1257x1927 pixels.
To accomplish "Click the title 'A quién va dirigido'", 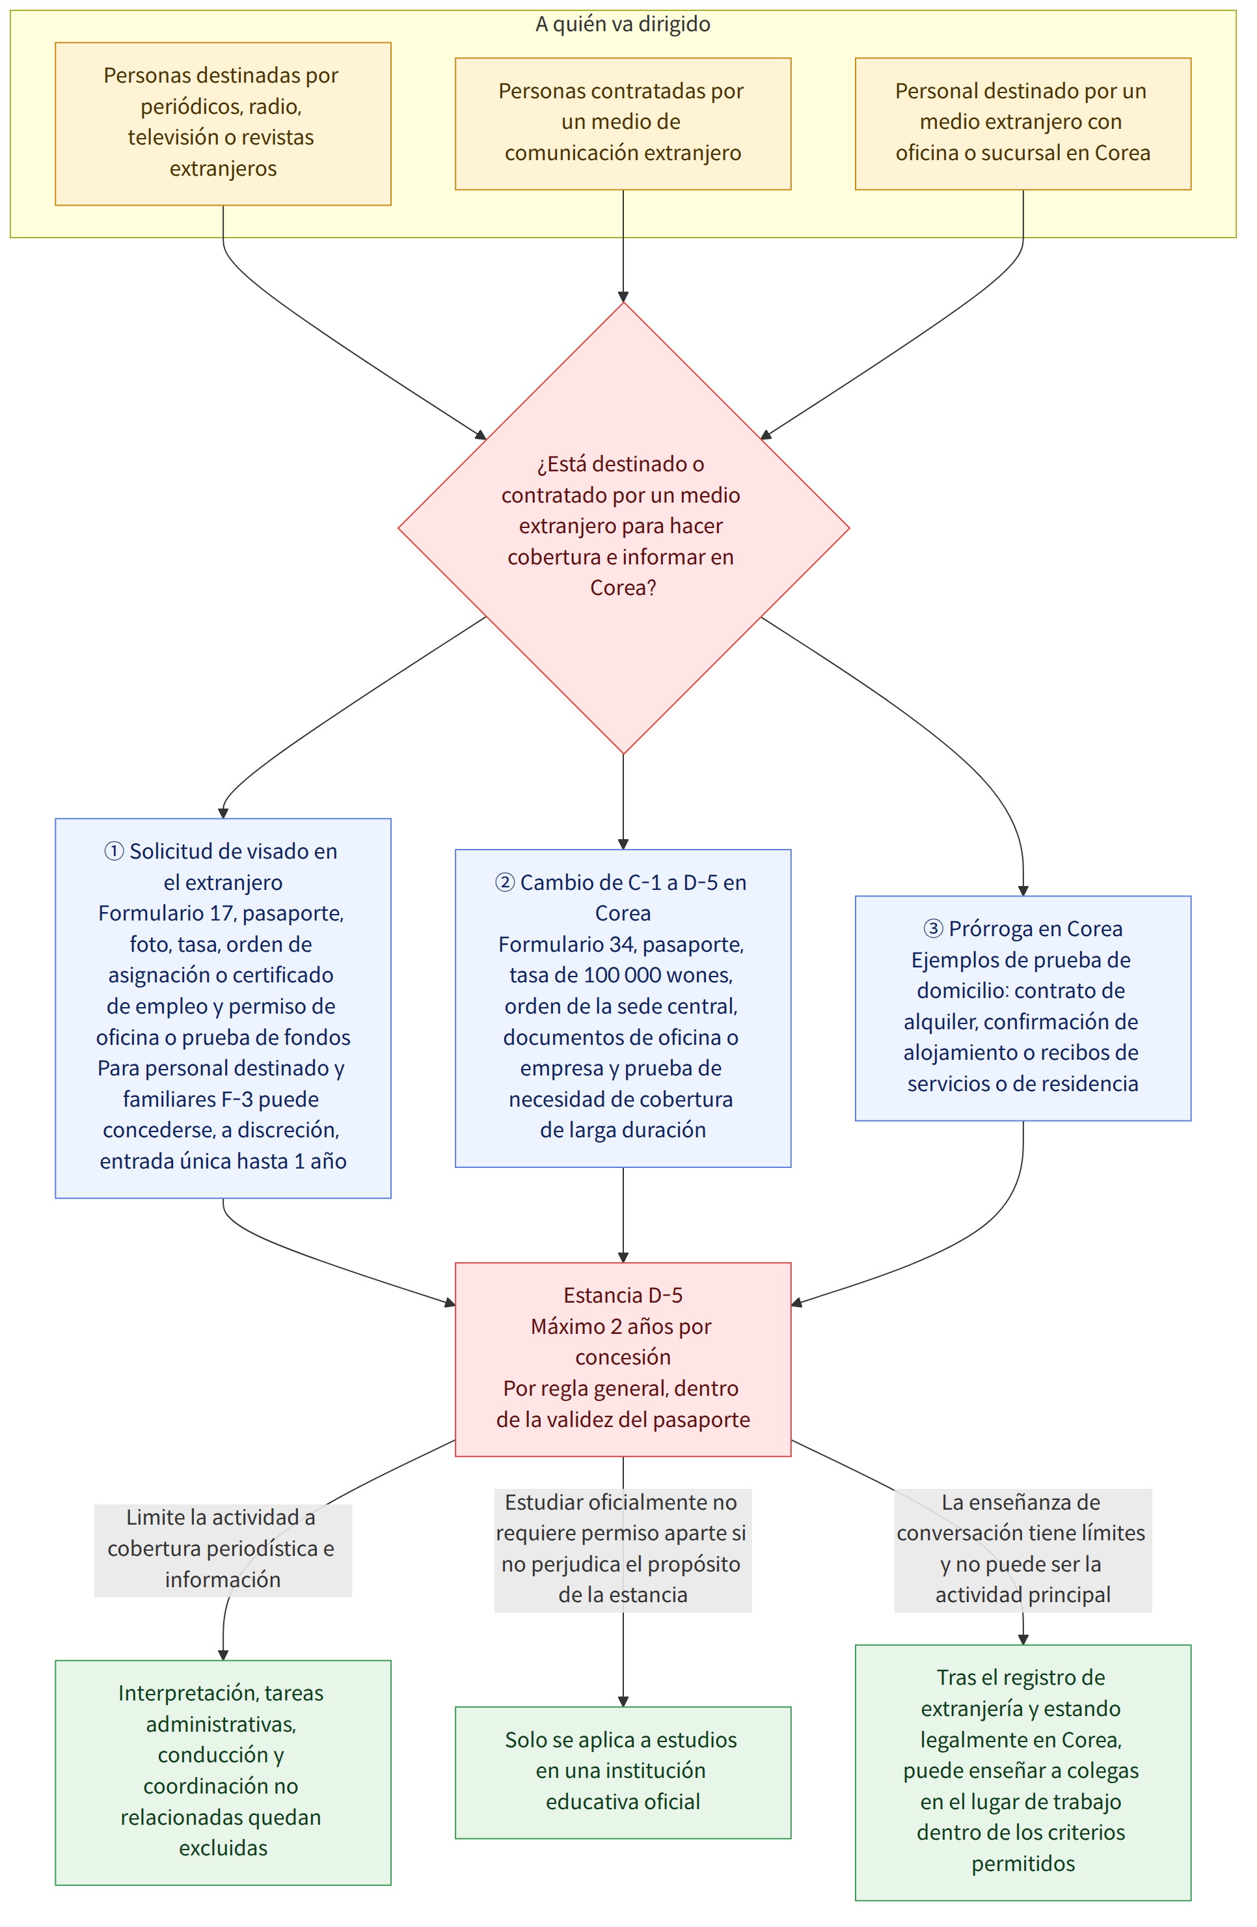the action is tap(623, 24).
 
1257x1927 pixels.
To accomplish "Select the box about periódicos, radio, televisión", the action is tap(223, 124).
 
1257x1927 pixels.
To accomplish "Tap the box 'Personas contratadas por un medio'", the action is tap(623, 124).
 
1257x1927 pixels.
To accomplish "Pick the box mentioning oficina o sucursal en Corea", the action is tap(1022, 124).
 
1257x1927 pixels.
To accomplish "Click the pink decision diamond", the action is tap(623, 528).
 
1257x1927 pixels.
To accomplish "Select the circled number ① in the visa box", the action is tap(114, 851).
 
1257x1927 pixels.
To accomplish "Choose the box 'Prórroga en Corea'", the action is tap(1022, 1008).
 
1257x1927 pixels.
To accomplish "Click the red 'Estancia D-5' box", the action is tap(623, 1359).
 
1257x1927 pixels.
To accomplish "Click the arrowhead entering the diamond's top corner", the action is tap(623, 297).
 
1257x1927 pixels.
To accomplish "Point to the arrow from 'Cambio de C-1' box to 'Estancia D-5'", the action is tap(623, 1215).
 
